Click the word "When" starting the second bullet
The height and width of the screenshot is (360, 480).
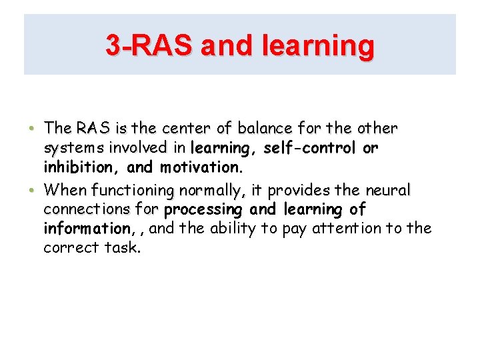pyautogui.click(x=65, y=190)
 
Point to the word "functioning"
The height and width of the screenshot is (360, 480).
pyautogui.click(x=131, y=191)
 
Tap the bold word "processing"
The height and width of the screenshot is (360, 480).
pyautogui.click(x=204, y=210)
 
